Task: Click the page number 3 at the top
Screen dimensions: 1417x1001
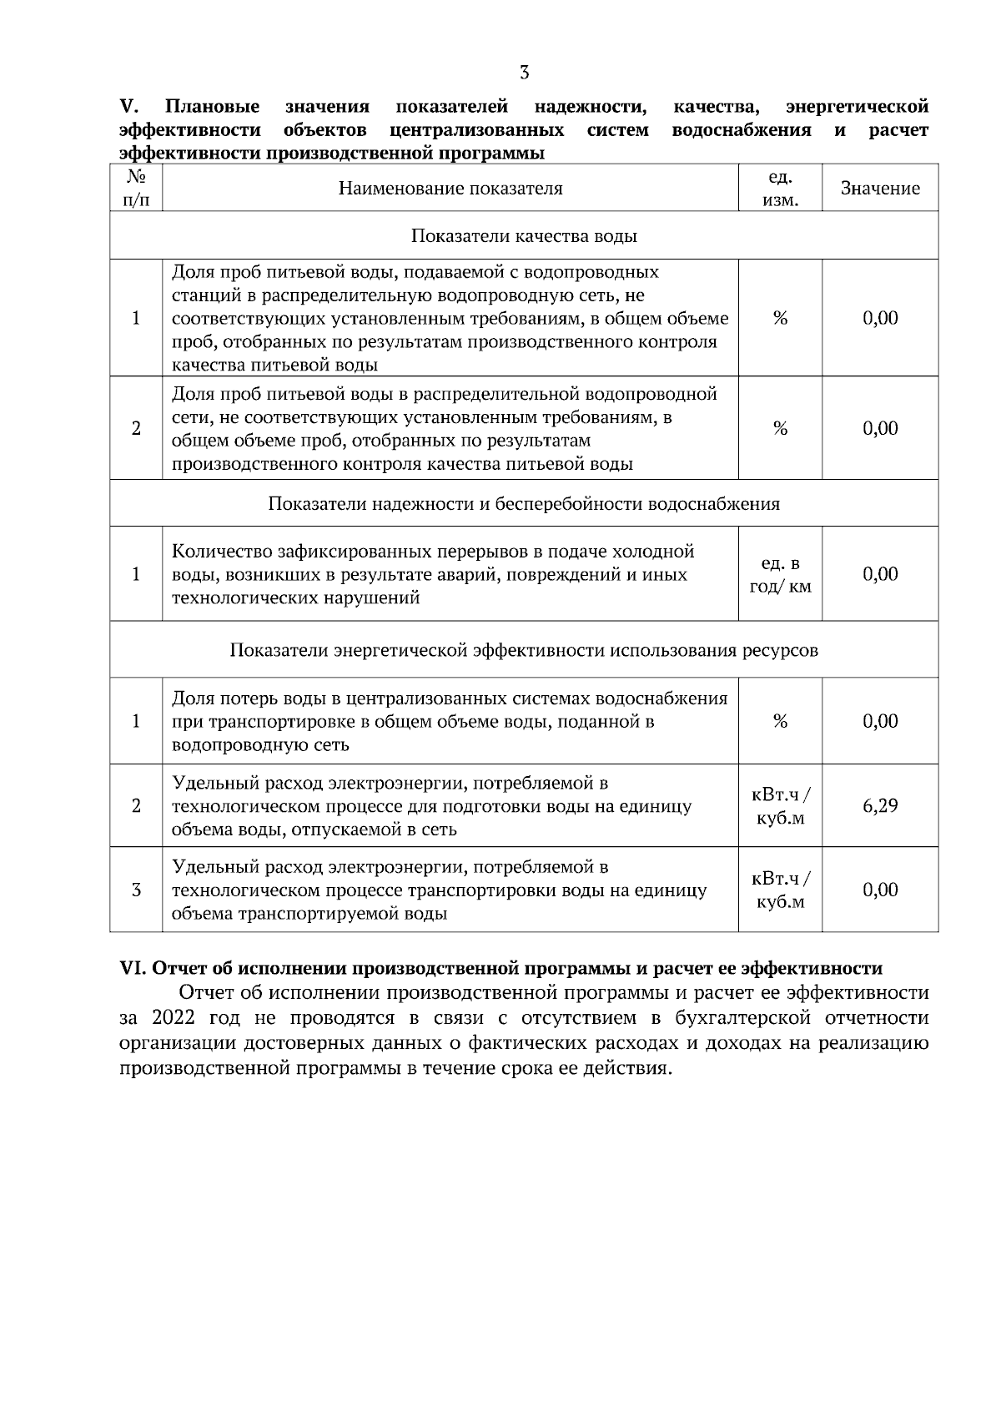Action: (x=524, y=72)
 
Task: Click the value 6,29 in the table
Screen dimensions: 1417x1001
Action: (x=880, y=806)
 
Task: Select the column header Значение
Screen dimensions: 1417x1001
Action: (x=880, y=189)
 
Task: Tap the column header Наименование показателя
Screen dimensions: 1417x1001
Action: (x=450, y=189)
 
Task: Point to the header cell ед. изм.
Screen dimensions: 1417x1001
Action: (x=780, y=189)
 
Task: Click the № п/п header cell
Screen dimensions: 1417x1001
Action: (x=136, y=189)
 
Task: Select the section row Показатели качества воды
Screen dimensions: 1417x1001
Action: (x=524, y=236)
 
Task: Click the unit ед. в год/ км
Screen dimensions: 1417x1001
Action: (x=780, y=575)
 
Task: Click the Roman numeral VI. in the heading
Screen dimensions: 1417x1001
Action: (x=133, y=968)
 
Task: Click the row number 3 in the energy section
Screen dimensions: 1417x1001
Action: (x=136, y=890)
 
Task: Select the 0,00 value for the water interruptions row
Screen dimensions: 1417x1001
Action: (x=880, y=574)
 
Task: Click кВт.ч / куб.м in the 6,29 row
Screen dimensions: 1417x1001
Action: (x=780, y=806)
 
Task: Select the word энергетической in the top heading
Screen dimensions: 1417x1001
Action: (x=857, y=107)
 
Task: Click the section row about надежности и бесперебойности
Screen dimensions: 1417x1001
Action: (x=524, y=504)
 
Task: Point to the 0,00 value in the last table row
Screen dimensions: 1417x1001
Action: (x=880, y=890)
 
